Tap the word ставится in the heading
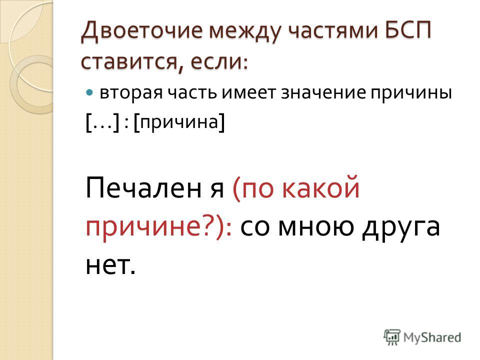coord(128,61)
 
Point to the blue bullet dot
coord(89,92)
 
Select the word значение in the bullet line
coord(323,92)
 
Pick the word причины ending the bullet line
coord(411,93)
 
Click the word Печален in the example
coord(143,187)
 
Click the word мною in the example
coord(315,227)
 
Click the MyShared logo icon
coord(392,337)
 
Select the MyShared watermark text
coord(432,337)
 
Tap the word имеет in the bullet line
coord(248,92)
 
